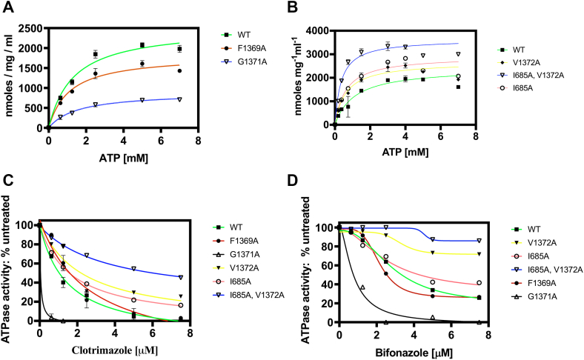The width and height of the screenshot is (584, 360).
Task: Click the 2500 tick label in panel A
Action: pos(30,27)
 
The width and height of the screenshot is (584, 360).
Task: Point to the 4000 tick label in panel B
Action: pos(316,30)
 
